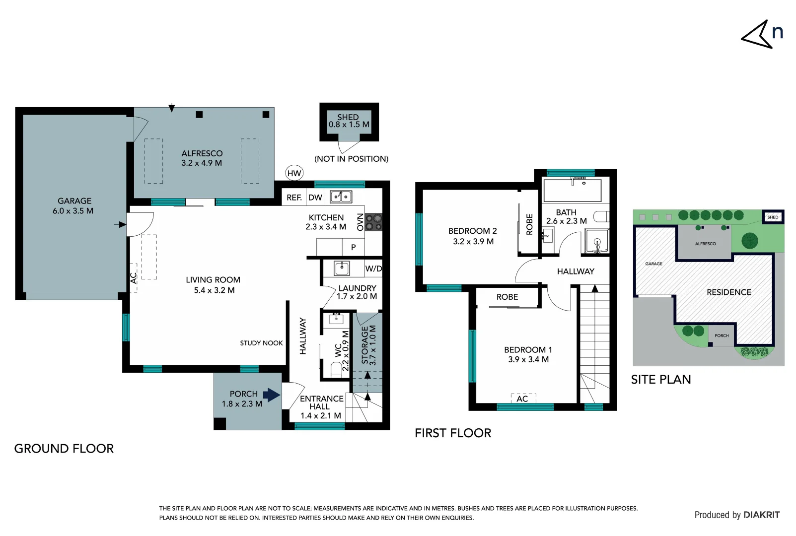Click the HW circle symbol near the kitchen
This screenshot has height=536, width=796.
tap(294, 173)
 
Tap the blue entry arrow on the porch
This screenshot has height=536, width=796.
tap(271, 395)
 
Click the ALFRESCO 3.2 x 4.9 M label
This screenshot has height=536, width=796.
tap(202, 158)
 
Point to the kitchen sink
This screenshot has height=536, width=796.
tap(341, 197)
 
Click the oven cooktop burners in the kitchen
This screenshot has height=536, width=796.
tap(373, 222)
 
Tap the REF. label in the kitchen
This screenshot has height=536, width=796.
tap(294, 198)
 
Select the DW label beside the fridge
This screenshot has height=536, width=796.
tap(315, 198)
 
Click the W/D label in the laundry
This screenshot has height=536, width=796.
tap(373, 268)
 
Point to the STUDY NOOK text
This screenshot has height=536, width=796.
tap(261, 343)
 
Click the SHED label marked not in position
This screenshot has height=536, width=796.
tap(349, 121)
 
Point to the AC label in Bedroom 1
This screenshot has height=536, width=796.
tap(522, 399)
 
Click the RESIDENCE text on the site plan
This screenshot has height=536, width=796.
tap(728, 292)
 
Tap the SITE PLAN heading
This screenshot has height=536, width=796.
tap(660, 380)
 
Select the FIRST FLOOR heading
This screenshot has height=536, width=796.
tap(453, 433)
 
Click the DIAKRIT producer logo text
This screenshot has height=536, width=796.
tap(762, 515)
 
